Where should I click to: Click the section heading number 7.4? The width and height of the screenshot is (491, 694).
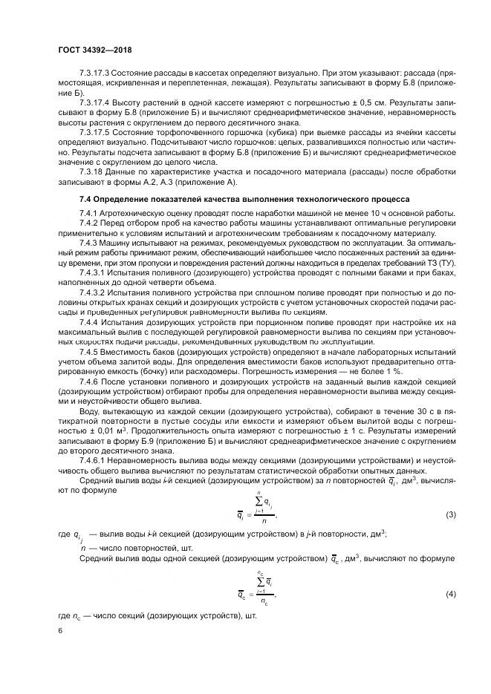[87, 200]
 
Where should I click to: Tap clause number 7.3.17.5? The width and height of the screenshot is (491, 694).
[95, 131]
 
